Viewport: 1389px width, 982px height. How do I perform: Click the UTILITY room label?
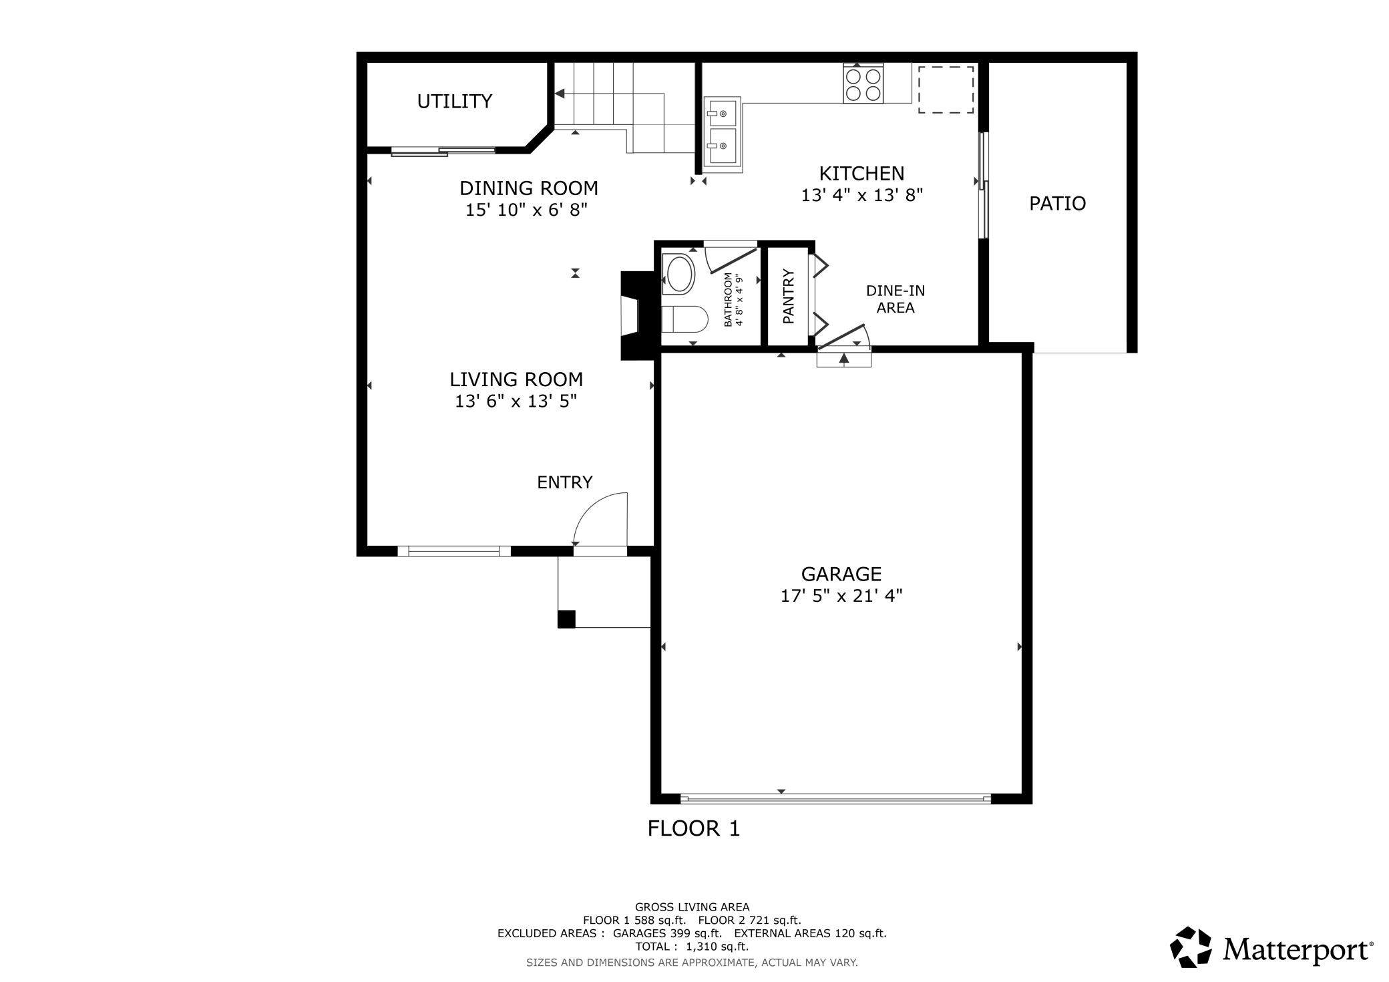454,102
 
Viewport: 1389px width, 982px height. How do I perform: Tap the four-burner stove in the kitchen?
863,84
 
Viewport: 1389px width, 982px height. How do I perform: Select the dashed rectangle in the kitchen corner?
945,90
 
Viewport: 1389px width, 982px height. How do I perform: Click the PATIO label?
1057,204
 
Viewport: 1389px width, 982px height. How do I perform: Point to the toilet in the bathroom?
684,319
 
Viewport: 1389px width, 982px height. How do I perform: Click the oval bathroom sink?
680,275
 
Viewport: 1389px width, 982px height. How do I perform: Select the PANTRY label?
789,297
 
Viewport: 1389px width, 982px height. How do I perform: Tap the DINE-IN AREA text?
895,299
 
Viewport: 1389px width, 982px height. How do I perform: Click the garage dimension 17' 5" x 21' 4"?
841,596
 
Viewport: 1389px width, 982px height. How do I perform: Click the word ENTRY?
564,482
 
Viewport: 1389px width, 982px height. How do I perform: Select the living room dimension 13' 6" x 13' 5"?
516,401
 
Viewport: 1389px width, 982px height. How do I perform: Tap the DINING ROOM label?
528,188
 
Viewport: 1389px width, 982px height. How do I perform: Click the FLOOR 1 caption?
693,829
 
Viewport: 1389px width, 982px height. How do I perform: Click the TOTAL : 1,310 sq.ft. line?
692,947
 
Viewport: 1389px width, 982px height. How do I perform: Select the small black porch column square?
566,619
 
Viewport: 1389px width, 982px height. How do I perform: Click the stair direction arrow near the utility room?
560,94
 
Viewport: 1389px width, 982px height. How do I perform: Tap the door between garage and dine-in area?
843,337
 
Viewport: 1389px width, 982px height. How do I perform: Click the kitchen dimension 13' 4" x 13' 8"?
861,196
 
